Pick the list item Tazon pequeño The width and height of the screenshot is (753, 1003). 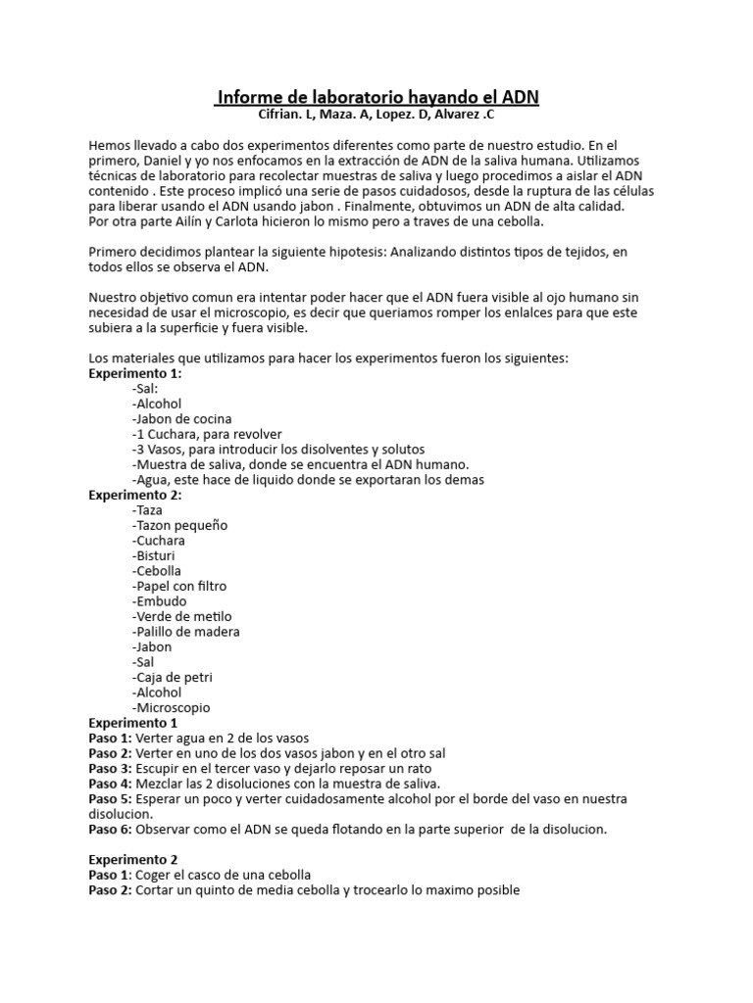coord(179,525)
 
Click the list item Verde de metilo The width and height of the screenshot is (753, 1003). coord(181,616)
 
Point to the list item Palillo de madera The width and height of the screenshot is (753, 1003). coord(185,632)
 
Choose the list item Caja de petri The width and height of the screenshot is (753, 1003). coord(172,677)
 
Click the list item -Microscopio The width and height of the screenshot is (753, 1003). coord(171,707)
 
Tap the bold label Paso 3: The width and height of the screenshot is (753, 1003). coord(110,769)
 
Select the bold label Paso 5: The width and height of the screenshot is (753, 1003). coord(110,799)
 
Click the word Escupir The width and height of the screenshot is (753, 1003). coord(160,769)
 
